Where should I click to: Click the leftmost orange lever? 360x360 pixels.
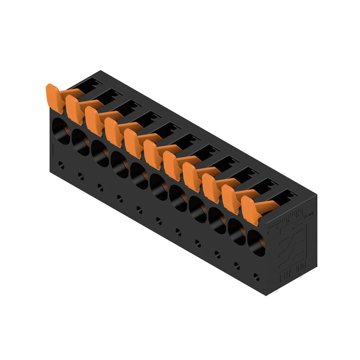(55, 98)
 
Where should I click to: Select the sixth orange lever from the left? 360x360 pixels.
(153, 154)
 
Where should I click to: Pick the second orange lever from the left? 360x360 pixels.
(75, 109)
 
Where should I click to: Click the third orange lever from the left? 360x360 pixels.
(94, 121)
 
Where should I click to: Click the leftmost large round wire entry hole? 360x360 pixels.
(61, 131)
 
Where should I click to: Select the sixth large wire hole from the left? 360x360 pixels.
(159, 188)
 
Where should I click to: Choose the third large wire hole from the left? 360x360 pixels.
(100, 154)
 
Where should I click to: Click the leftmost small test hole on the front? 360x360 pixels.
(61, 166)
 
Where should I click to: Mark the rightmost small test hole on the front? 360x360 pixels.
(256, 276)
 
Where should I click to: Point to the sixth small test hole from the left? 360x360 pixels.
(159, 220)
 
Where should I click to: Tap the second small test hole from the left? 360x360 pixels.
(81, 176)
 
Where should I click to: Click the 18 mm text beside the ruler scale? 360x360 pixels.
(309, 216)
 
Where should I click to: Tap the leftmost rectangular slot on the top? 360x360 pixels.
(92, 83)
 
